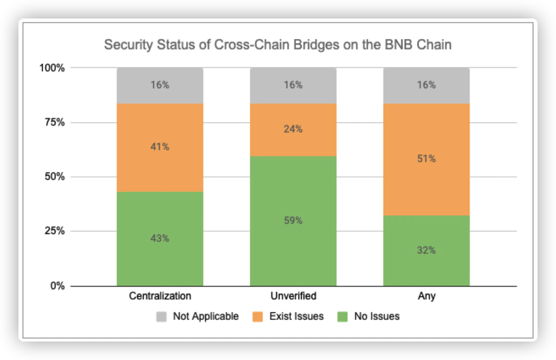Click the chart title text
tap(277, 45)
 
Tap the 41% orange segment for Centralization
tap(160, 148)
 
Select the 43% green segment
tap(160, 238)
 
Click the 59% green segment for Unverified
tap(293, 221)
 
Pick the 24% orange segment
tap(293, 130)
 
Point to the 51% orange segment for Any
tap(426, 159)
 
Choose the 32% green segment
tap(426, 250)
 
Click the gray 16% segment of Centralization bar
tap(160, 85)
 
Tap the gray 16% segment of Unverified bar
tap(293, 85)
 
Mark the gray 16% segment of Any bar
tap(426, 85)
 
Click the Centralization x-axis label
tap(160, 296)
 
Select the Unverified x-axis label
tap(293, 296)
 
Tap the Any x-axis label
tap(426, 296)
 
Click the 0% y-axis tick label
tap(57, 286)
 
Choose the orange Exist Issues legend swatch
tap(260, 316)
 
